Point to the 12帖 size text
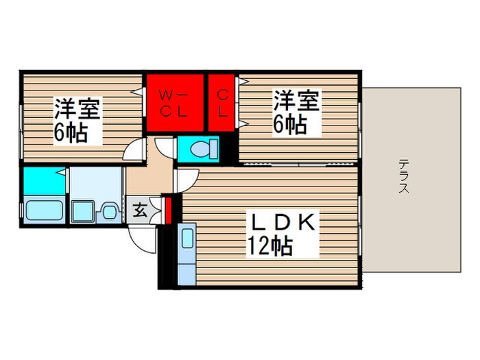[272, 245]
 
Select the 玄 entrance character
[139, 211]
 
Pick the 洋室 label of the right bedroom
[296, 101]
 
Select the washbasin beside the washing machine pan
[108, 211]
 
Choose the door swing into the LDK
[185, 180]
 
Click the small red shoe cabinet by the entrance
[168, 209]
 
